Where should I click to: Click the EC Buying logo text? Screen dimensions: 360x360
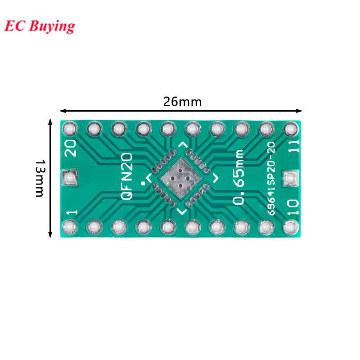point(40,26)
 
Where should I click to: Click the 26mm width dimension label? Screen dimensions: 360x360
point(182,102)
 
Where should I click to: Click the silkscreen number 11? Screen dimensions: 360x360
point(293,147)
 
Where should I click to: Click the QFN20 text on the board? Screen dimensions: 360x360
point(127,176)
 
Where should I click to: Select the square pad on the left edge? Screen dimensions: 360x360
point(70,178)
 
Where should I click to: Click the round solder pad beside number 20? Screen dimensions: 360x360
point(70,130)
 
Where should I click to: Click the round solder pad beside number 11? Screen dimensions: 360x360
point(290,130)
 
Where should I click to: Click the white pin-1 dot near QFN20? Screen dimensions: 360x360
point(143,183)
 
